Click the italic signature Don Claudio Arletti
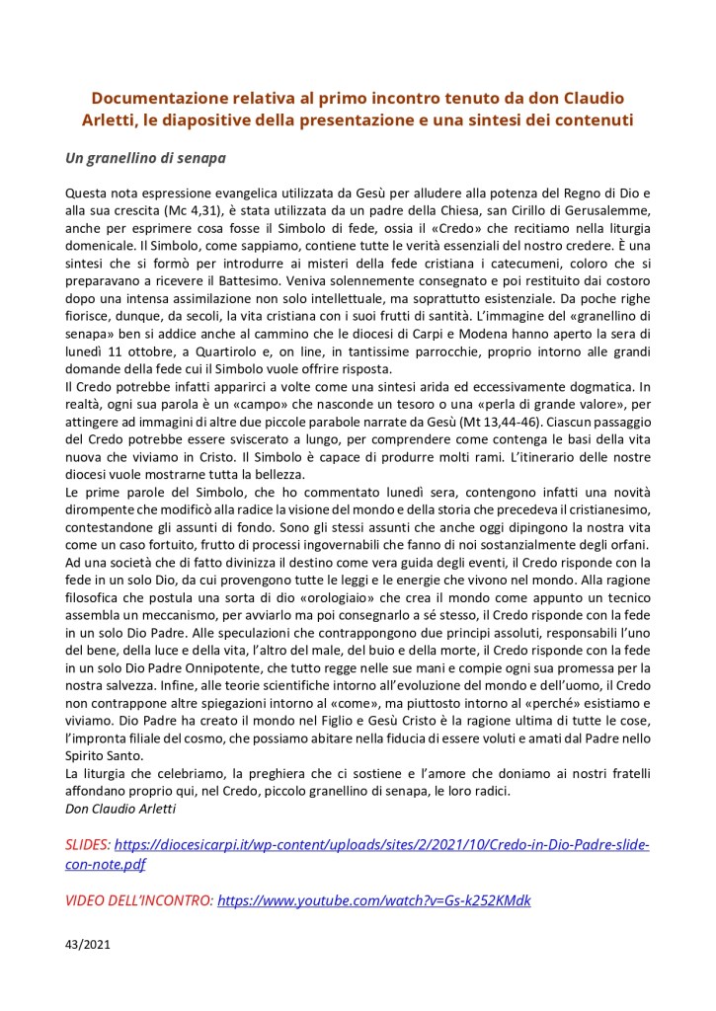pos(123,810)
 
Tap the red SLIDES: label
pos(88,846)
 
